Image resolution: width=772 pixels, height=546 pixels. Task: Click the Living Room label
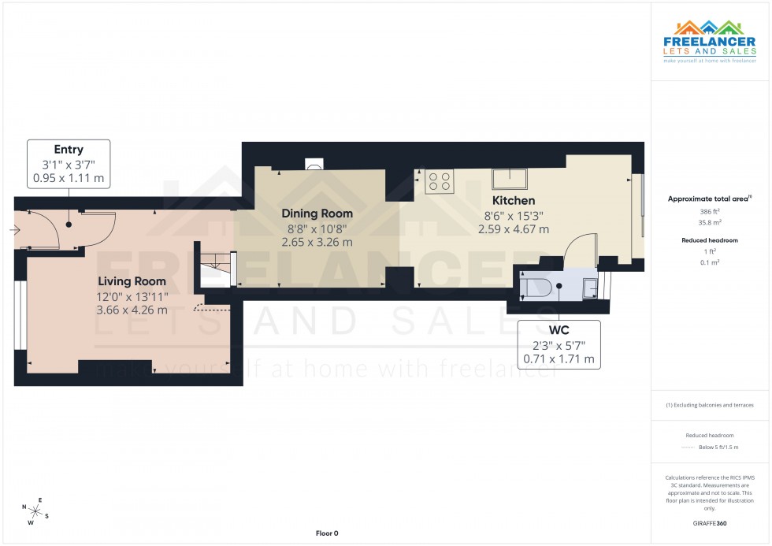[x=132, y=281]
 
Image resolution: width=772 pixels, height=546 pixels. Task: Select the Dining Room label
[x=317, y=214]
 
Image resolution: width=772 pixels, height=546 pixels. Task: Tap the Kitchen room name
[x=513, y=201]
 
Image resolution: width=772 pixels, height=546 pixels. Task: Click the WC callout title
[x=559, y=331]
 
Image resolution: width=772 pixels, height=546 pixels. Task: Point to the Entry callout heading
[x=69, y=150]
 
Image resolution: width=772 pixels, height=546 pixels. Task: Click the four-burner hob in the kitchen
[x=438, y=182]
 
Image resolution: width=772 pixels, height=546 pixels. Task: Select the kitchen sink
[x=510, y=178]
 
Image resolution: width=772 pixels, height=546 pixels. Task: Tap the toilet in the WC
[x=540, y=287]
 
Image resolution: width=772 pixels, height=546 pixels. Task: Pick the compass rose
[x=35, y=510]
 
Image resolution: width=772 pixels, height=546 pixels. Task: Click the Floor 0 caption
[x=326, y=533]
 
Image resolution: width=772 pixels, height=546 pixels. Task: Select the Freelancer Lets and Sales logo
[x=709, y=43]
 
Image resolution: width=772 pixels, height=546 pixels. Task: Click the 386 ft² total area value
[x=711, y=212]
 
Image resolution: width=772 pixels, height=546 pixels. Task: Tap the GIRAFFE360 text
[x=711, y=523]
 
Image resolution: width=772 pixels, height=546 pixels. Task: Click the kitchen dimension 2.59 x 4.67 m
[x=513, y=229]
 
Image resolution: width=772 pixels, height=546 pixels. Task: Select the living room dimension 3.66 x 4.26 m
[x=132, y=310]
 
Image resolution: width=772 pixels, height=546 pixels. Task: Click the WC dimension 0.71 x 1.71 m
[x=559, y=359]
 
